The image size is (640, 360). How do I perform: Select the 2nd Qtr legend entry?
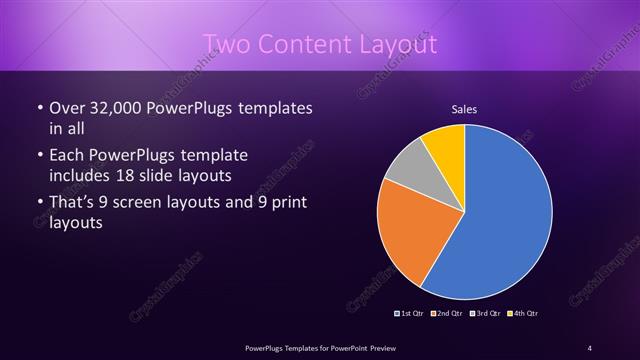(x=445, y=314)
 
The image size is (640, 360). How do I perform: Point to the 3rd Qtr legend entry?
(x=483, y=314)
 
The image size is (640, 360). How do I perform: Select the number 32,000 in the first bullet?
(x=118, y=107)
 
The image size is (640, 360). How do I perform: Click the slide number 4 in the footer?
(x=589, y=347)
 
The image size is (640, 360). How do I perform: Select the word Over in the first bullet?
(x=68, y=107)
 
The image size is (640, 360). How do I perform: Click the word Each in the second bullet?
(x=68, y=155)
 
